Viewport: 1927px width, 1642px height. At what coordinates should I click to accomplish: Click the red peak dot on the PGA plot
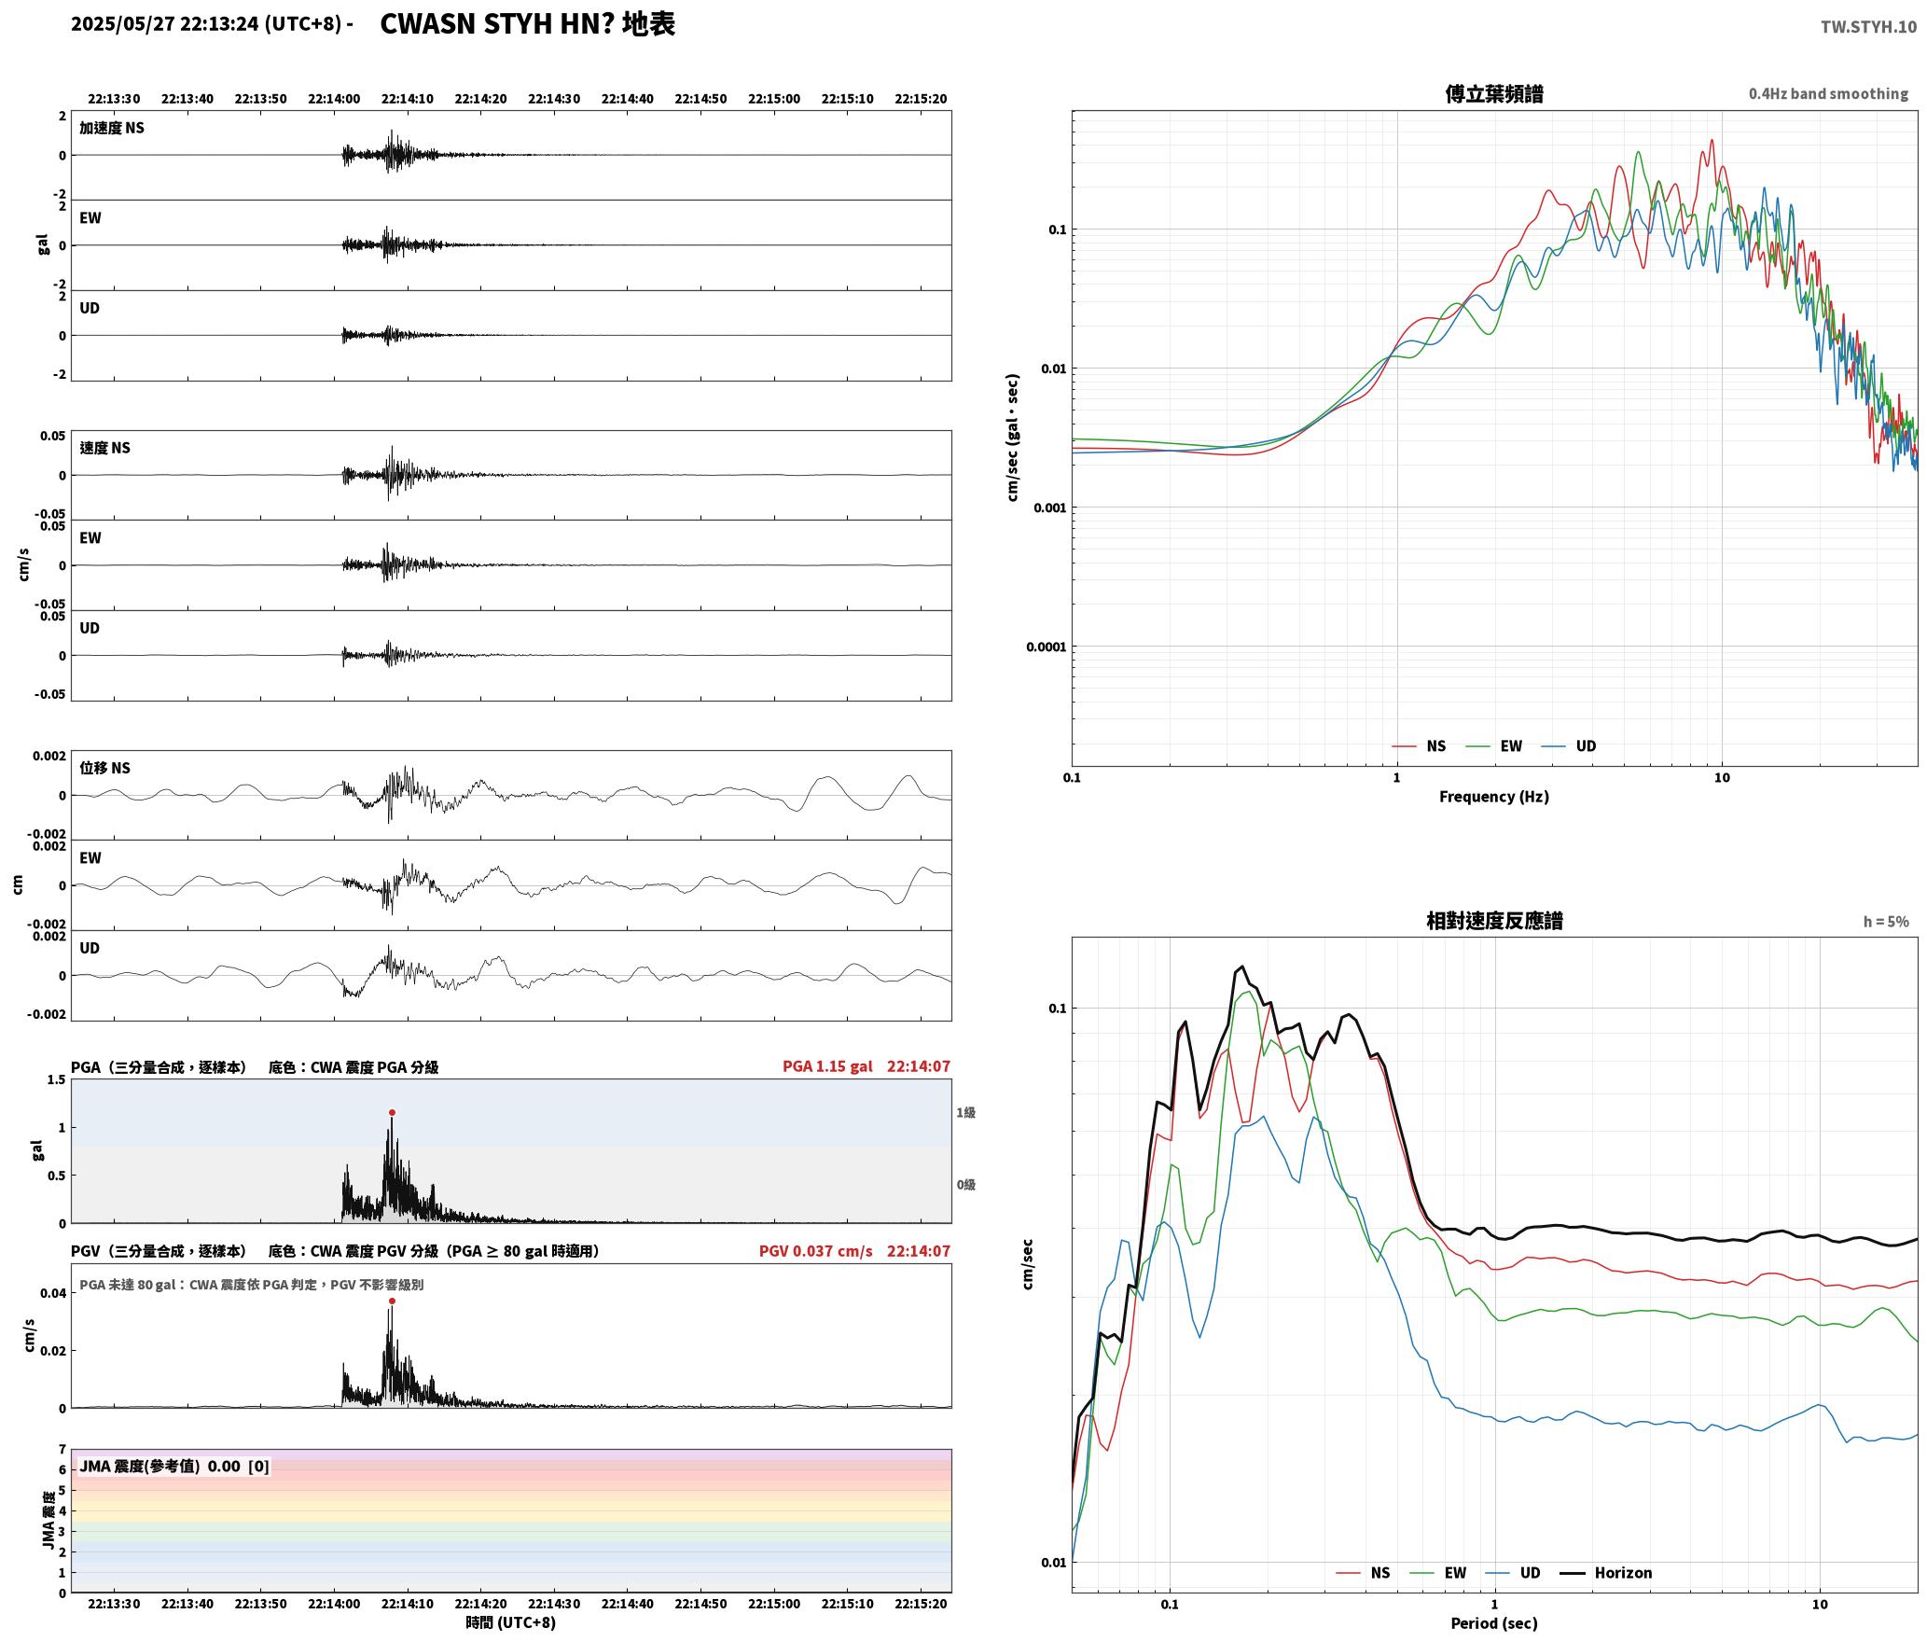click(x=392, y=1112)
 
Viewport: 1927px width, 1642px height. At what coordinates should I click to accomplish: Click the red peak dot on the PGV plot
click(x=392, y=1301)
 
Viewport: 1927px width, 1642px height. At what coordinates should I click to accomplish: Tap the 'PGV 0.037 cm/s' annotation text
click(x=816, y=1251)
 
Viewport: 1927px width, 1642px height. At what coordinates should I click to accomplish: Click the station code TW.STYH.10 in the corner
click(x=1868, y=26)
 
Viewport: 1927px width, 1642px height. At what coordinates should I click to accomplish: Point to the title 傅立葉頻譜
click(x=1494, y=94)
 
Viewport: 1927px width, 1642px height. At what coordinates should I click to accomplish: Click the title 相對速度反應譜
click(x=1494, y=921)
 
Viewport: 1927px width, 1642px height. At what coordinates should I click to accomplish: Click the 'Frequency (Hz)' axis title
click(x=1494, y=797)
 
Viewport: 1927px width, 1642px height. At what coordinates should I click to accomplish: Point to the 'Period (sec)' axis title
click(x=1494, y=1623)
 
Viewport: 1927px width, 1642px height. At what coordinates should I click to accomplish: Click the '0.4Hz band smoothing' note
click(x=1828, y=94)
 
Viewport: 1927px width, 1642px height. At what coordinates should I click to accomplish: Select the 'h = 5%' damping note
click(x=1886, y=922)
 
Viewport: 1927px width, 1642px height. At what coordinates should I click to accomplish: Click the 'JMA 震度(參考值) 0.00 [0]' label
click(x=174, y=1467)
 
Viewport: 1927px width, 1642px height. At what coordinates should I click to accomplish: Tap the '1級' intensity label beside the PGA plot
click(x=965, y=1112)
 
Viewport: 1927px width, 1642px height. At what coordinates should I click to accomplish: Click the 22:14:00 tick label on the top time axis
click(x=334, y=99)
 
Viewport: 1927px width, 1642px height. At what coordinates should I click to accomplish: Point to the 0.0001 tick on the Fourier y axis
click(x=1045, y=647)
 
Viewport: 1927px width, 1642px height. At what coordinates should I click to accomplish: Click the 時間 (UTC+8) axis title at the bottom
click(x=511, y=1622)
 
